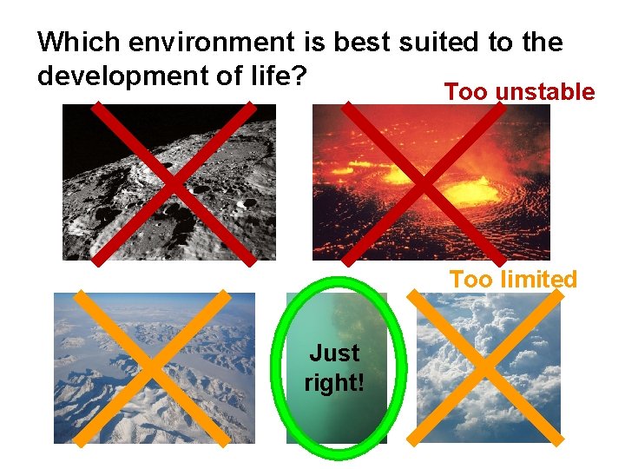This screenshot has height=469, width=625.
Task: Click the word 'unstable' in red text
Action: point(548,93)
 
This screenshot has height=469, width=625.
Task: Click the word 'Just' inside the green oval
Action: point(334,353)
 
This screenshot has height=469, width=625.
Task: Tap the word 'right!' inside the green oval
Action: point(334,382)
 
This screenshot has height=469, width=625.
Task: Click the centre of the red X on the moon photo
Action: point(174,183)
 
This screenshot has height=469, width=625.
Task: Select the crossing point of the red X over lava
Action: point(424,183)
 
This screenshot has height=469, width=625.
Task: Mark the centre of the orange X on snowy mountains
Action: point(152,368)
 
